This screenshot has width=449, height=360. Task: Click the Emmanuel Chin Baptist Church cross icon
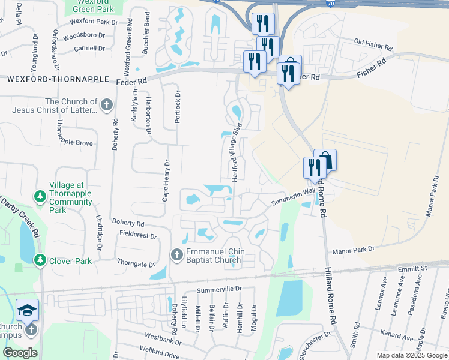[x=177, y=255]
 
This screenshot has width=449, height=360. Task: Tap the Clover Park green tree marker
[x=40, y=261]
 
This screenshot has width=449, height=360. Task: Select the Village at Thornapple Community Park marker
[x=40, y=196]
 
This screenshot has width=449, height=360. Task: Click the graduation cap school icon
[x=27, y=310]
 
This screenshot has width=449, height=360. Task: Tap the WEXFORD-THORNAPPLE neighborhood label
[x=58, y=79]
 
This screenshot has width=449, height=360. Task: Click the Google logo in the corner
[x=20, y=353]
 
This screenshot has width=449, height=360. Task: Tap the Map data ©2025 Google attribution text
[x=411, y=355]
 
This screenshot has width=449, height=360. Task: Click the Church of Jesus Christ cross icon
[x=107, y=106]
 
